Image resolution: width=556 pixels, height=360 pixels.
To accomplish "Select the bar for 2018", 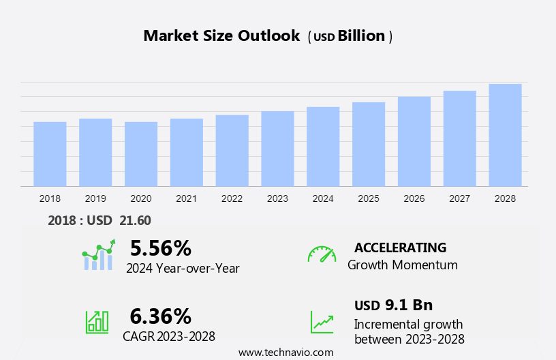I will click(50, 154).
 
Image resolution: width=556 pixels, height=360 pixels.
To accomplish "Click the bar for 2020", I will click(141, 154).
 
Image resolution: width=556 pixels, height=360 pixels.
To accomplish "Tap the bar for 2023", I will click(277, 149).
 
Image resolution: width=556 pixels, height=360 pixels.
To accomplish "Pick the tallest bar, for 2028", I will click(505, 135).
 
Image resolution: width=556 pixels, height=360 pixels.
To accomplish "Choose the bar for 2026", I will click(414, 141).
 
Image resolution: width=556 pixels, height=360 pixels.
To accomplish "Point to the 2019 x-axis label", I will click(95, 198).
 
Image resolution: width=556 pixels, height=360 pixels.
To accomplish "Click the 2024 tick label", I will click(323, 198).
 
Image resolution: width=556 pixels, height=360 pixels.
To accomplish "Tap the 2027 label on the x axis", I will click(459, 198).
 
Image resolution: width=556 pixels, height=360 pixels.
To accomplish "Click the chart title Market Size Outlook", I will click(221, 36).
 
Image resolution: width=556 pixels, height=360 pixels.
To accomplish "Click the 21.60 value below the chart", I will click(135, 220).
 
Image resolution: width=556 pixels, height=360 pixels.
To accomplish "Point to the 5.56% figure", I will click(161, 247).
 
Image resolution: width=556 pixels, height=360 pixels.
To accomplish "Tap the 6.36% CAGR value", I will click(161, 316).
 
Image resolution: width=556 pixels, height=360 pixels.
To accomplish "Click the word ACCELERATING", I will click(400, 247).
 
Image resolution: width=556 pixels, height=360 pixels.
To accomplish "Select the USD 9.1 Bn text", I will click(393, 305).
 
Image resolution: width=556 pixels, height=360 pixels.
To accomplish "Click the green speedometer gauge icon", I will click(322, 254).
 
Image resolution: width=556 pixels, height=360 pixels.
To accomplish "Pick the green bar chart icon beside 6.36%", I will click(97, 321).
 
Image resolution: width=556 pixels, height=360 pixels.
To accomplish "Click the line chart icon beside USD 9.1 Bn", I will click(322, 321).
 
